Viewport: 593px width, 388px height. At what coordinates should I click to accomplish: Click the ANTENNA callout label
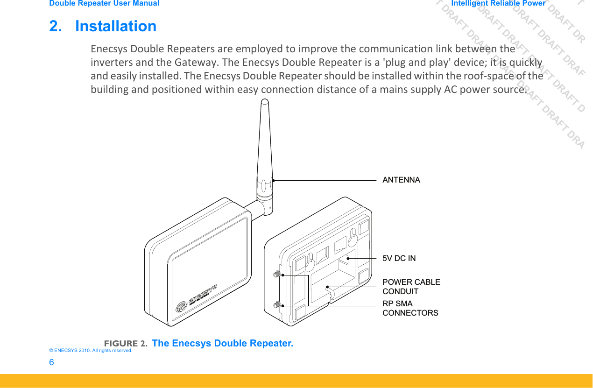coord(401,180)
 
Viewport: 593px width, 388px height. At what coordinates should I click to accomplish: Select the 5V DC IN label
coord(399,258)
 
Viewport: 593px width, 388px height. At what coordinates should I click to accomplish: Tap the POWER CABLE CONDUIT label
coord(411,287)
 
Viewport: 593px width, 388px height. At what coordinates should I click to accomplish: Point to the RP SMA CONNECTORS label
coord(410,308)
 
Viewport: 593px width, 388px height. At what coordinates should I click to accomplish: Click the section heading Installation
coord(115,26)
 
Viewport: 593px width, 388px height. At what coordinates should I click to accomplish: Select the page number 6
coord(51,362)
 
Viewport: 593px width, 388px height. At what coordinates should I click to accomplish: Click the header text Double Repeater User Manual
coord(104,3)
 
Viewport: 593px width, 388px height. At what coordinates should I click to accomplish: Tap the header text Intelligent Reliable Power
coord(498,3)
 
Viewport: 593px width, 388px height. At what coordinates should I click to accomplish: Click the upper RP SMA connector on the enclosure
coord(276,274)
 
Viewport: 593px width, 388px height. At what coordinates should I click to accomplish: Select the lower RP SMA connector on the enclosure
coord(276,305)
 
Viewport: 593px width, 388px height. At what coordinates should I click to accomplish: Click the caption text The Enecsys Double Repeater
coord(223,343)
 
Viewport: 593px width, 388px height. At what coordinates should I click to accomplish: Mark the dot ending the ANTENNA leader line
coord(273,180)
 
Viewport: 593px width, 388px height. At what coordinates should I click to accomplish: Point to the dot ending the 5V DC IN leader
coord(348,258)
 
